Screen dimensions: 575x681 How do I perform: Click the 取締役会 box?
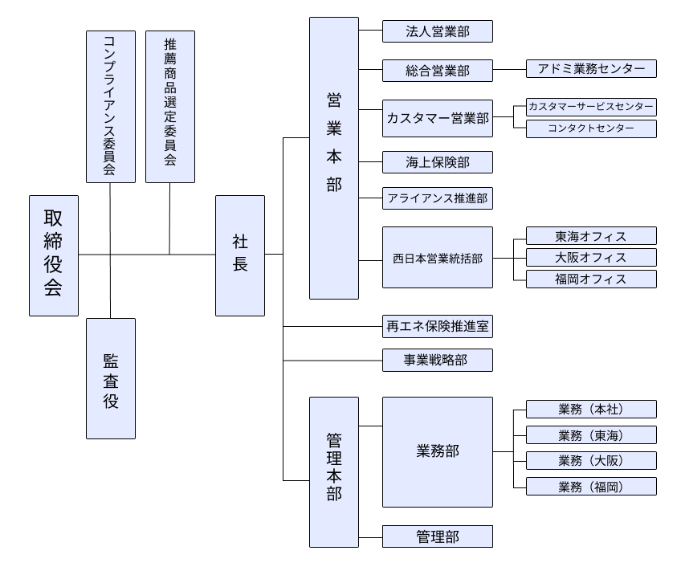pyautogui.click(x=54, y=255)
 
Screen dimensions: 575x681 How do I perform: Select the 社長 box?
pyautogui.click(x=240, y=255)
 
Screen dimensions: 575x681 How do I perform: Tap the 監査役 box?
pyautogui.click(x=111, y=378)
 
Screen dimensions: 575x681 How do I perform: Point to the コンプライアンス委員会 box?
pyautogui.click(x=111, y=106)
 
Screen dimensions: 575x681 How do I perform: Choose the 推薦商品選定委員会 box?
pyautogui.click(x=170, y=106)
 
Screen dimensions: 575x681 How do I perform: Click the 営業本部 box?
pyautogui.click(x=334, y=158)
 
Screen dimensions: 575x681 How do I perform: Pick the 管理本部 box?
pyautogui.click(x=334, y=472)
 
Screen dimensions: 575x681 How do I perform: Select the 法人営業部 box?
pyautogui.click(x=437, y=32)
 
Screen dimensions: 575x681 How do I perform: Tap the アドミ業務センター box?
pyautogui.click(x=591, y=69)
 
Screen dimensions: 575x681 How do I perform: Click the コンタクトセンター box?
pyautogui.click(x=591, y=128)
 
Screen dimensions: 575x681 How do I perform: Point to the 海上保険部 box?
pyautogui.click(x=437, y=162)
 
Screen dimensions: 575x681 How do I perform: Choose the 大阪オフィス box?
pyautogui.click(x=591, y=258)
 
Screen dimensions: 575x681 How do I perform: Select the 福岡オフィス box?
pyautogui.click(x=591, y=279)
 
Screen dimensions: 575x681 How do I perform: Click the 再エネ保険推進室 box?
pyautogui.click(x=437, y=327)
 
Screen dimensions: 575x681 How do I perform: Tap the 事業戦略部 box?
pyautogui.click(x=437, y=361)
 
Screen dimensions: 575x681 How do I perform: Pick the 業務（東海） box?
pyautogui.click(x=591, y=435)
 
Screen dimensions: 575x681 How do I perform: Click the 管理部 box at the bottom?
pyautogui.click(x=437, y=536)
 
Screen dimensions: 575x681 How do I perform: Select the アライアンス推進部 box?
pyautogui.click(x=437, y=198)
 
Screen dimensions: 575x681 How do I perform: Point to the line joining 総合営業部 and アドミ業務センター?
pyautogui.click(x=509, y=70)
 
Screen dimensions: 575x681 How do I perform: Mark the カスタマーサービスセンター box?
pyautogui.click(x=591, y=107)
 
